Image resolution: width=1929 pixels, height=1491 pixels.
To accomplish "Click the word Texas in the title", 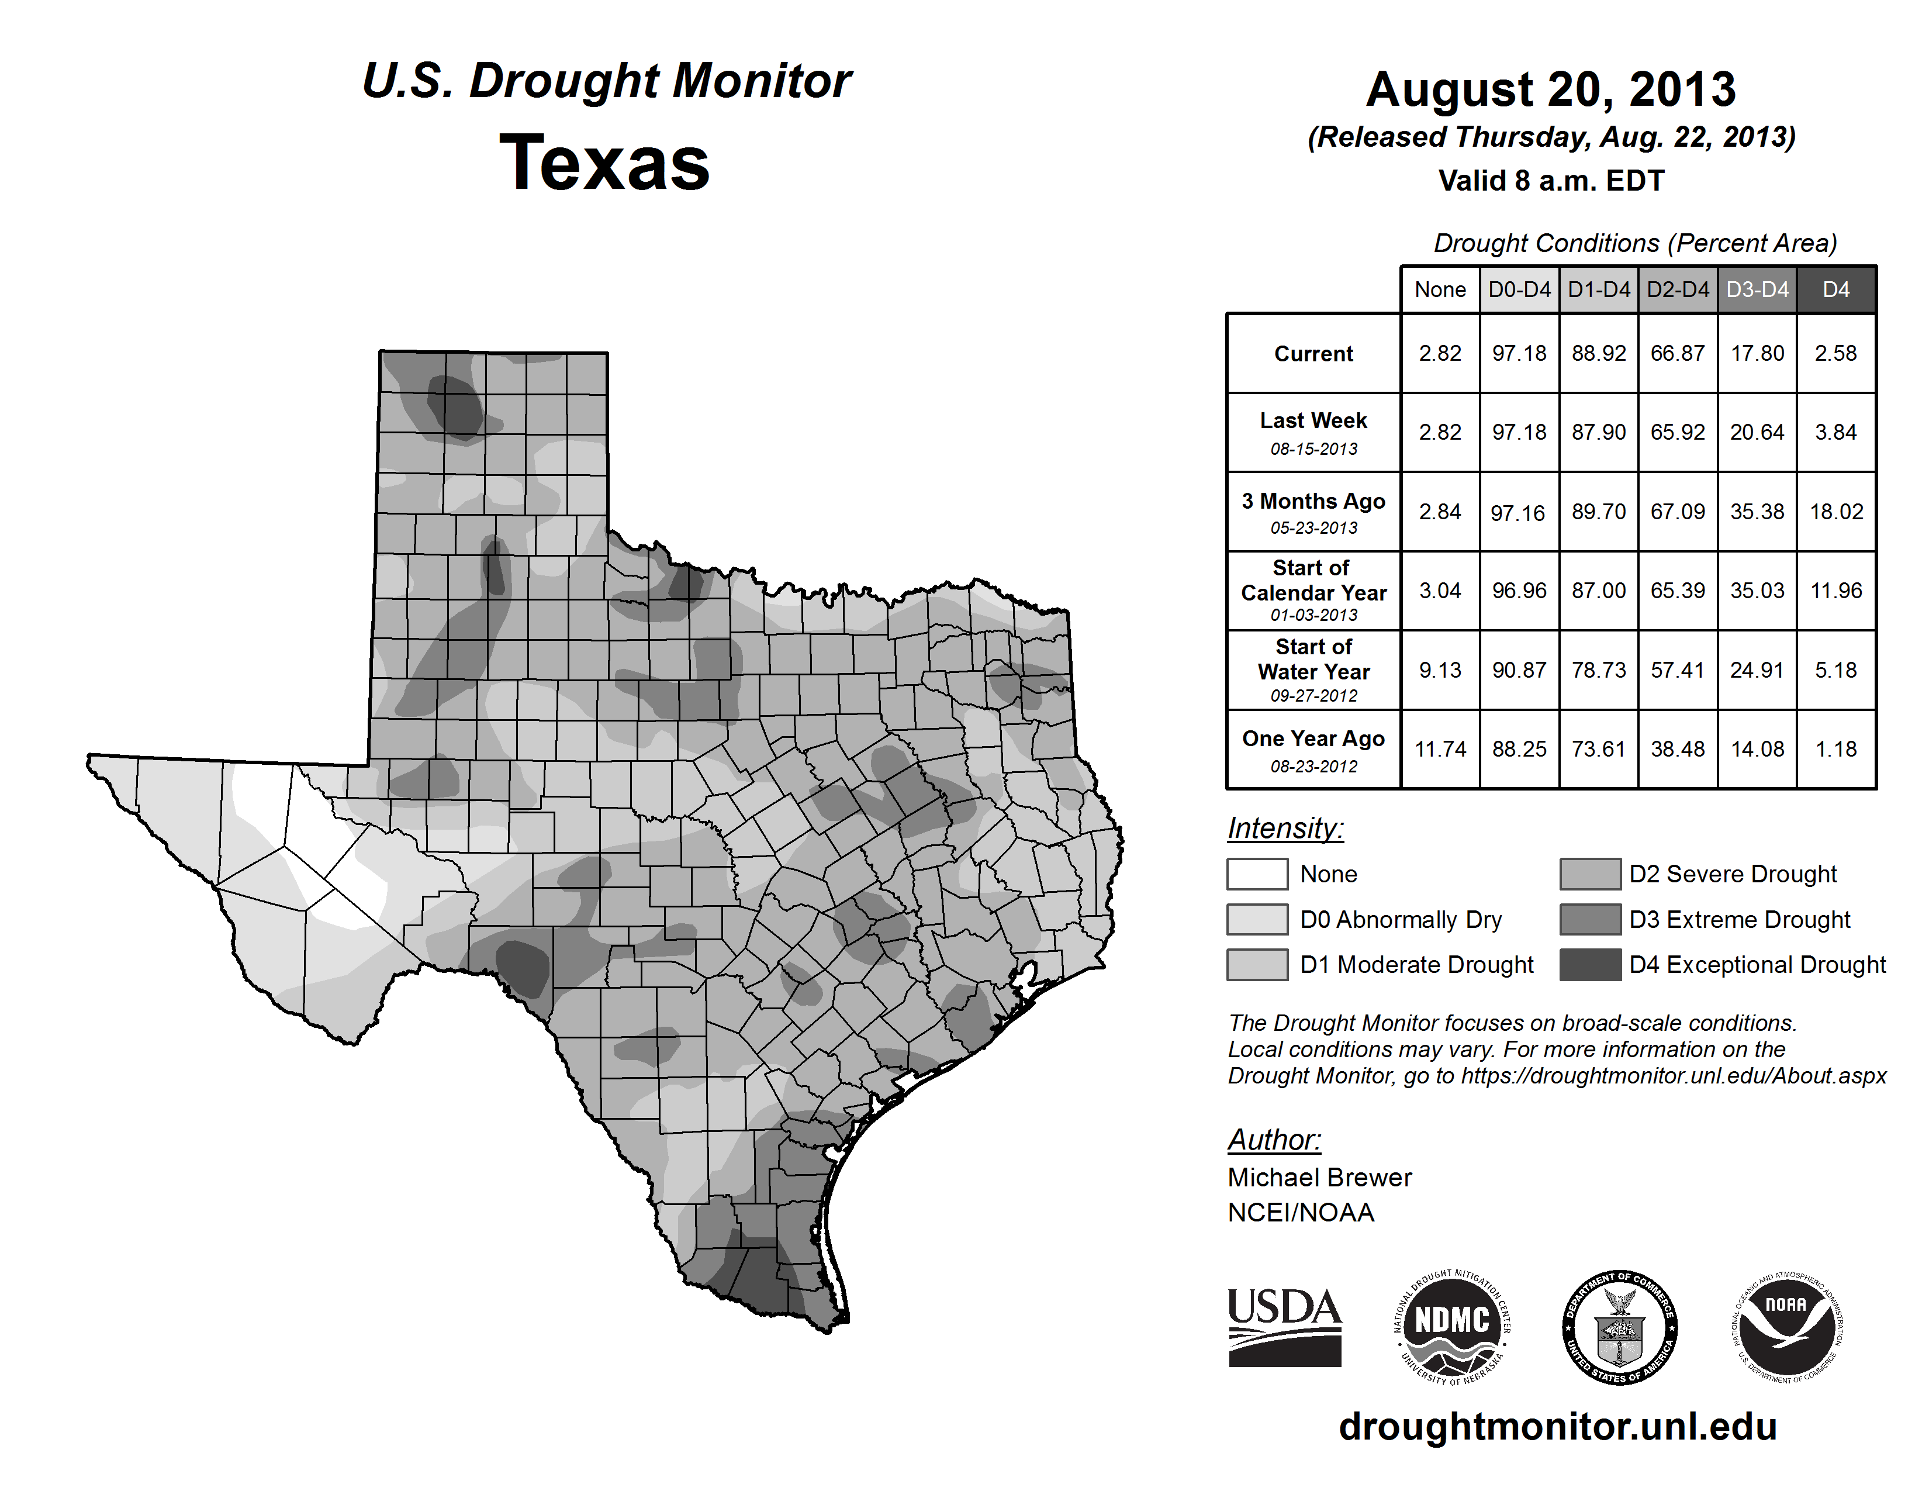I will click(x=604, y=163).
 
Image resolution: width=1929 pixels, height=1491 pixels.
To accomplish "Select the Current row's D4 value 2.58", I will click(x=1835, y=353).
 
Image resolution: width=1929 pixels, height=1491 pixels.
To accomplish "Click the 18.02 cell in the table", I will click(x=1835, y=512).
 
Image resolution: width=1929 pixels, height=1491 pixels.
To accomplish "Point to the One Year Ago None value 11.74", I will click(x=1440, y=749).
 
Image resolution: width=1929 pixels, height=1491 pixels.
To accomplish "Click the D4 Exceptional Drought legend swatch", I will click(x=1590, y=965).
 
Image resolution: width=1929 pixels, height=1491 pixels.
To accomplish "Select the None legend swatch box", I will click(x=1257, y=874).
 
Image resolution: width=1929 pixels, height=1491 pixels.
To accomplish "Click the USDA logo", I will click(x=1284, y=1327).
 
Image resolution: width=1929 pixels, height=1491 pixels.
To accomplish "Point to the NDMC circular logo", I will click(x=1452, y=1327).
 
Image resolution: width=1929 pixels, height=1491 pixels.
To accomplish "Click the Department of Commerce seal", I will click(x=1619, y=1327).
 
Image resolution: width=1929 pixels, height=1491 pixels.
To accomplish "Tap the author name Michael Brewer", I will click(x=1319, y=1178).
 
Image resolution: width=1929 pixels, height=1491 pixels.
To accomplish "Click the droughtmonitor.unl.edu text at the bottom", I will click(x=1557, y=1426).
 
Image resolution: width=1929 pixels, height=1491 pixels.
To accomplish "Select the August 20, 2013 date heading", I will click(x=1551, y=89).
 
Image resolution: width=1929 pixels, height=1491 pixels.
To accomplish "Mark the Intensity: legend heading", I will click(x=1285, y=829).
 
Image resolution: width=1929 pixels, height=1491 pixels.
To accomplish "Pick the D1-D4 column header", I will click(x=1599, y=289).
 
